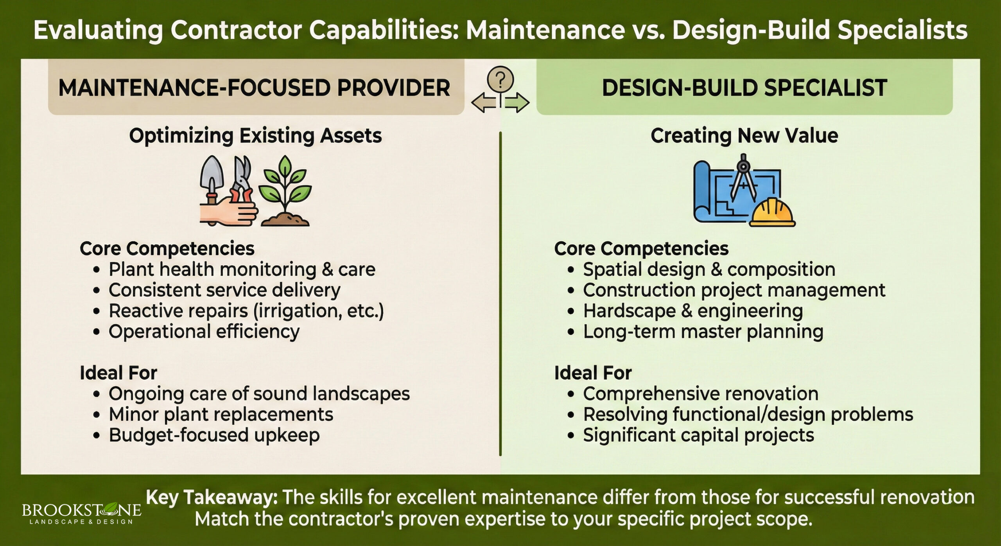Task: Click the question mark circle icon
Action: pyautogui.click(x=500, y=80)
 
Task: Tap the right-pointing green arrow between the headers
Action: pyautogui.click(x=517, y=103)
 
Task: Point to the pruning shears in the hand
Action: pyautogui.click(x=242, y=180)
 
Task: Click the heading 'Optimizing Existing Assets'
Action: pyautogui.click(x=255, y=136)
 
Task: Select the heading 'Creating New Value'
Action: pyautogui.click(x=744, y=136)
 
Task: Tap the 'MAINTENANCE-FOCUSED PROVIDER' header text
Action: pyautogui.click(x=254, y=88)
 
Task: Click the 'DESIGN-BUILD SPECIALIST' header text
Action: pyautogui.click(x=744, y=88)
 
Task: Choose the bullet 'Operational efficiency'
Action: pyautogui.click(x=204, y=332)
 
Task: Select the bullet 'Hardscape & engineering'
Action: pyautogui.click(x=692, y=311)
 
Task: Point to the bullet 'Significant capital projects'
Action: pyautogui.click(x=698, y=435)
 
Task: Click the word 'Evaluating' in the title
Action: pyautogui.click(x=98, y=31)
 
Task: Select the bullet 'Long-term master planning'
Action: pyautogui.click(x=703, y=332)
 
